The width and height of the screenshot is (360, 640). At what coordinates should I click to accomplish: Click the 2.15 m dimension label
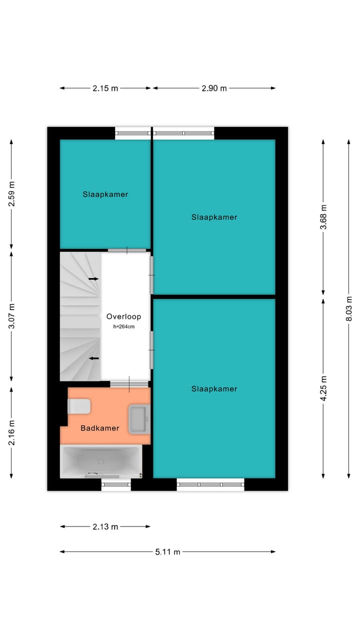coord(105,88)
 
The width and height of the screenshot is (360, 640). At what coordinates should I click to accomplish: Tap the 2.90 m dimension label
coord(214,88)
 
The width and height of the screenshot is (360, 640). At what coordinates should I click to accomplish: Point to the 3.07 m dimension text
coord(12,316)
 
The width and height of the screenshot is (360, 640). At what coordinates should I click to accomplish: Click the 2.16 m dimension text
coord(12,433)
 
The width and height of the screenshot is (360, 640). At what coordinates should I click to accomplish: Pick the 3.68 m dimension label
coord(323,217)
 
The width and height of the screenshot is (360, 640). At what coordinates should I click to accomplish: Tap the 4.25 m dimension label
coord(323,388)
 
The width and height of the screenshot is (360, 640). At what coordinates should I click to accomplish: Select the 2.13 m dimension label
coord(105,526)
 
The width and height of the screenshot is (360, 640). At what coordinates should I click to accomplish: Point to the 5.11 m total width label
coord(167,552)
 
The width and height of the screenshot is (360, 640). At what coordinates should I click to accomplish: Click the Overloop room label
coord(123,316)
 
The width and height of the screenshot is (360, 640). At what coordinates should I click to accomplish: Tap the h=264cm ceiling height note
coord(123,326)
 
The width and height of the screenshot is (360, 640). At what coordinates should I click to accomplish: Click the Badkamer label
coord(100,428)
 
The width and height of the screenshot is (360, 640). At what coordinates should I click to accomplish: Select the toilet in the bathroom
coord(79,406)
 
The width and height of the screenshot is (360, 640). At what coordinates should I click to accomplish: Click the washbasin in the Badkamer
coord(138,419)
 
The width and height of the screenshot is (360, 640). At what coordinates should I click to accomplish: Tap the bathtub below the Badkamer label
coord(100,461)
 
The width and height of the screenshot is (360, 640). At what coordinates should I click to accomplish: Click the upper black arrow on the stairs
coord(93,278)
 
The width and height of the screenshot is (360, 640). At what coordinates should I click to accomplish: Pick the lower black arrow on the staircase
coord(93,358)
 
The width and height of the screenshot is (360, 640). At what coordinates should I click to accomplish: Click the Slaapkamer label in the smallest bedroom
coord(105,194)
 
